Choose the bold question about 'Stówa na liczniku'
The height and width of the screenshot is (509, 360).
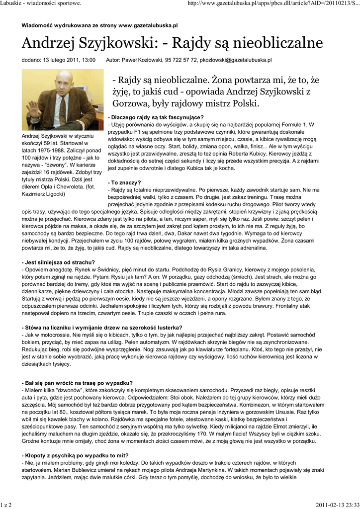point(102,327)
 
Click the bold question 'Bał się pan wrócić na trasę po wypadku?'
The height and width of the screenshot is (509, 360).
point(77,383)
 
